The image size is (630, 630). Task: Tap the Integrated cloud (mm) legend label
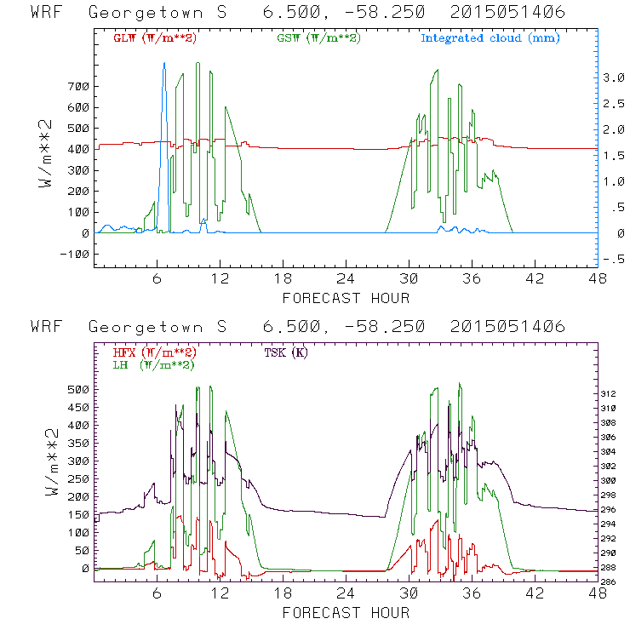coord(490,38)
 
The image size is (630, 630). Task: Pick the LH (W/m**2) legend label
coord(152,364)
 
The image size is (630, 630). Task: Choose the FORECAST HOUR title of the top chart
coord(346,297)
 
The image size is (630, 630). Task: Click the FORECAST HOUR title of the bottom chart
coord(346,612)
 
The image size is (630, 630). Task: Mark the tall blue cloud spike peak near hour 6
coord(164,63)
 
